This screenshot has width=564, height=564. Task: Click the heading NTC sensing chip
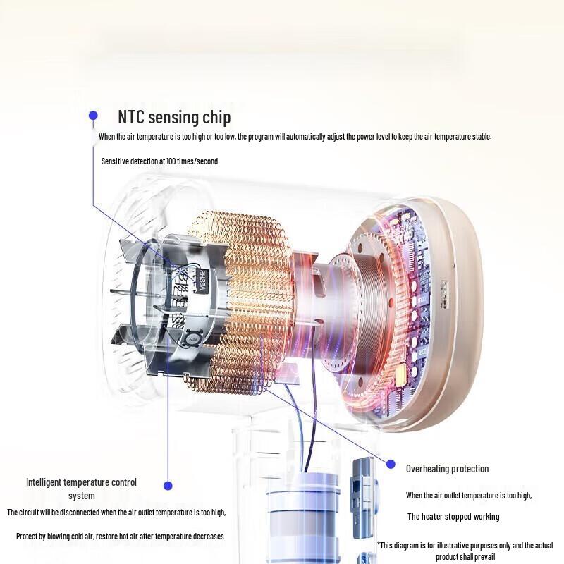click(174, 117)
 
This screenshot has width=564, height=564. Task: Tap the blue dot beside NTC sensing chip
click(93, 116)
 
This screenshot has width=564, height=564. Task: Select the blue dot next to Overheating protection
click(391, 465)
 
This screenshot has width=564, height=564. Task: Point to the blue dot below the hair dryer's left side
click(168, 486)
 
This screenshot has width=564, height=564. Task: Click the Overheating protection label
click(448, 469)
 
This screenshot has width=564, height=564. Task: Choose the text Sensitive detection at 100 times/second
click(160, 161)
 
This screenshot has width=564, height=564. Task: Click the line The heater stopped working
click(453, 517)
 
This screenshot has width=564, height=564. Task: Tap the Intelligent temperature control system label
click(81, 489)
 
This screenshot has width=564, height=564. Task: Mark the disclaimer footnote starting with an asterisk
click(465, 551)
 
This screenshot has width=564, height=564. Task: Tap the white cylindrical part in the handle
click(303, 518)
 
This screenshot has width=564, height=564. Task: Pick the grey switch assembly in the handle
click(363, 498)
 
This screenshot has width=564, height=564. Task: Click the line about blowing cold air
click(120, 537)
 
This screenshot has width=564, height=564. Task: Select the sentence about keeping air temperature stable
click(295, 137)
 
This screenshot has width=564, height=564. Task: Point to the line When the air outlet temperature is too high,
click(469, 496)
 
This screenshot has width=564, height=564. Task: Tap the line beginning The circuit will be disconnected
click(116, 513)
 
